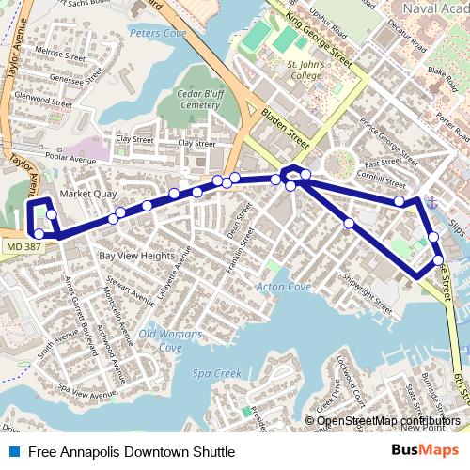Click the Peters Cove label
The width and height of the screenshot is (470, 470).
pyautogui.click(x=157, y=33)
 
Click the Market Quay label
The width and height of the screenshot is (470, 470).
pyautogui.click(x=87, y=194)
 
